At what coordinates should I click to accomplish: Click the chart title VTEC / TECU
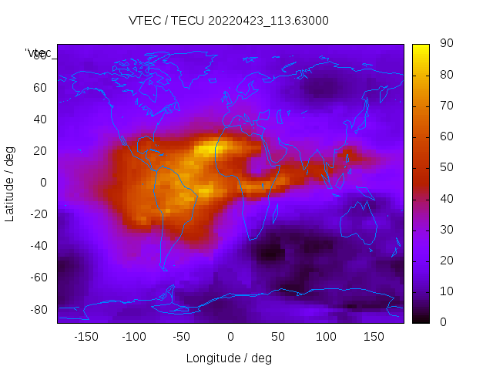[x=229, y=21]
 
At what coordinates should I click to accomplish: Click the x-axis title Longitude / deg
[x=229, y=358]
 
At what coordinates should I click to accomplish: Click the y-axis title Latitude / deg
[x=10, y=183]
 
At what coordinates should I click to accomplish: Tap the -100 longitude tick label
[x=133, y=337]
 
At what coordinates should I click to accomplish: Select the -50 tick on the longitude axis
[x=182, y=337]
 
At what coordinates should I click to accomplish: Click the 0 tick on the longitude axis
[x=230, y=337]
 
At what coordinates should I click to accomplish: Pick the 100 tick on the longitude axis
[x=326, y=337]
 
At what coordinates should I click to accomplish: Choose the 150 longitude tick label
[x=374, y=337]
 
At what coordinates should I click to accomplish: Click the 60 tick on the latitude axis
[x=40, y=88]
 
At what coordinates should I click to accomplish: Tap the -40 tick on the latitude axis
[x=38, y=246]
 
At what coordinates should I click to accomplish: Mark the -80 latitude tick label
[x=38, y=309]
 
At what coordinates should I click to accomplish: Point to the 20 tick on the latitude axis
[x=40, y=151]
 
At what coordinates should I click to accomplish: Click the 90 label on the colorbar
[x=445, y=44]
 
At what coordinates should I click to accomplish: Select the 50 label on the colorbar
[x=445, y=168]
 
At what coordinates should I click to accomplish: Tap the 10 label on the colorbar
[x=445, y=291]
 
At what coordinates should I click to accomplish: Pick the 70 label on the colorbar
[x=445, y=106]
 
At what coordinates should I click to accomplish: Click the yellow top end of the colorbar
[x=421, y=48]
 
